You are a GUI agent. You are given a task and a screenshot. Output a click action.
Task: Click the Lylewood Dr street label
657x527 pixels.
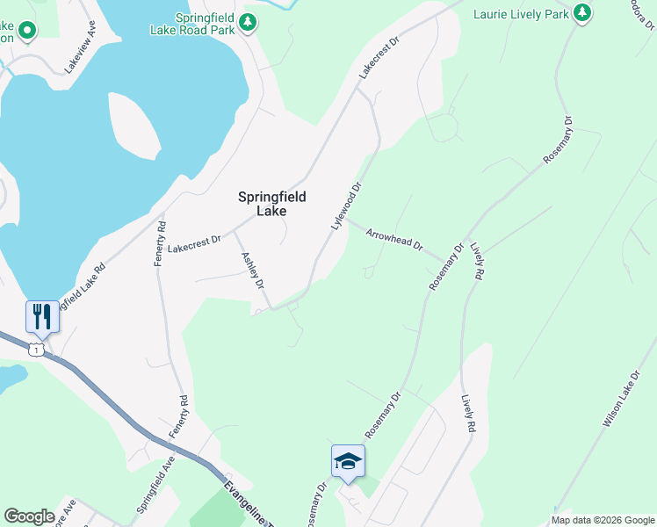click(347, 206)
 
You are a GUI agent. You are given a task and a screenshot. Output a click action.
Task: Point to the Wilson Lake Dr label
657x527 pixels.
click(619, 400)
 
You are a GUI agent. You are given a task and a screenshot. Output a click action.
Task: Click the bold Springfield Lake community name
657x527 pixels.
click(272, 204)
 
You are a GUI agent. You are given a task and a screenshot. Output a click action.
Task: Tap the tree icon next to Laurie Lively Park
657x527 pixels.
click(581, 12)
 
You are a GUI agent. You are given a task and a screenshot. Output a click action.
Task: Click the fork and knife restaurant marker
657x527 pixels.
click(42, 315)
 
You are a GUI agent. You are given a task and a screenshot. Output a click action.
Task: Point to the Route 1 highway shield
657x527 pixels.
click(35, 350)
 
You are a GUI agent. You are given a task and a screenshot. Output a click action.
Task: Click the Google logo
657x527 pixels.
click(29, 516)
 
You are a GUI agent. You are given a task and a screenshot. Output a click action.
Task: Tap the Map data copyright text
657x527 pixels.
click(603, 520)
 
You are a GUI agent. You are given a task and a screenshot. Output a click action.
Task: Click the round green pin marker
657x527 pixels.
click(27, 32)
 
